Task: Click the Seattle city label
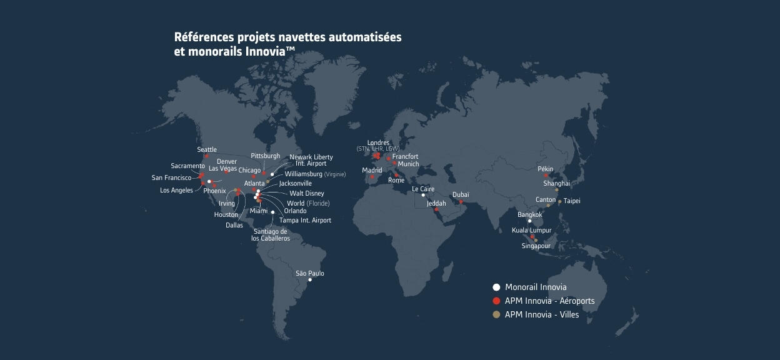tap(207, 150)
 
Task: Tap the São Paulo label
tap(310, 274)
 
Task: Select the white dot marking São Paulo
tap(310, 280)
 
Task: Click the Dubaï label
tap(461, 195)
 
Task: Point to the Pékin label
tap(546, 169)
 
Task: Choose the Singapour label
tap(537, 246)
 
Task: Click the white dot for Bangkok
tap(529, 221)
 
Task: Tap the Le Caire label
tap(423, 189)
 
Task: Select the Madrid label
tap(372, 170)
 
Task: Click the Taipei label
tap(572, 201)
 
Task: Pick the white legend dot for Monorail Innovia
tap(496, 287)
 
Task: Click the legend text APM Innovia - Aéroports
tap(549, 301)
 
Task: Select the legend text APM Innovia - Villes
tap(542, 315)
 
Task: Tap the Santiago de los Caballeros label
tap(271, 235)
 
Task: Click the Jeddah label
tap(437, 204)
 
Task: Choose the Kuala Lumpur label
tap(531, 231)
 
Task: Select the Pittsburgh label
tap(266, 156)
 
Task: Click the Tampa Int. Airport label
tap(305, 221)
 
